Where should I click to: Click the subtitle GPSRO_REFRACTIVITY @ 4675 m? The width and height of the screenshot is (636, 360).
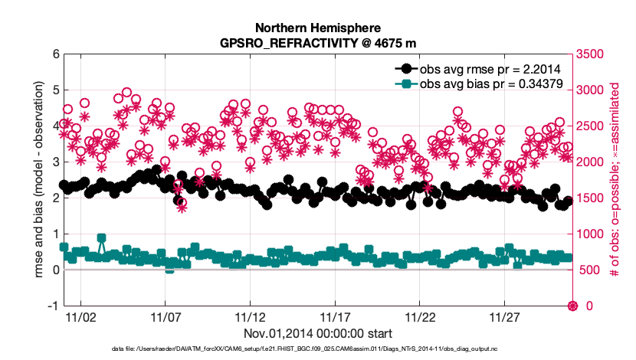pos(317,42)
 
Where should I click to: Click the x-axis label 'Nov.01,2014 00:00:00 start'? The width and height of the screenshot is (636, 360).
pos(317,333)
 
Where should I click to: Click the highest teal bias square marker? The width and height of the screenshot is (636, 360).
pos(101,238)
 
